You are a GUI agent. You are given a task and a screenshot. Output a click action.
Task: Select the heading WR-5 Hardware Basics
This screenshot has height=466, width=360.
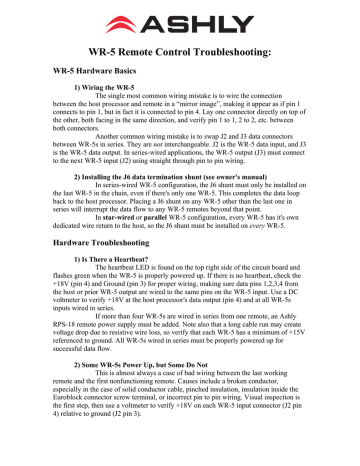click(101, 72)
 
